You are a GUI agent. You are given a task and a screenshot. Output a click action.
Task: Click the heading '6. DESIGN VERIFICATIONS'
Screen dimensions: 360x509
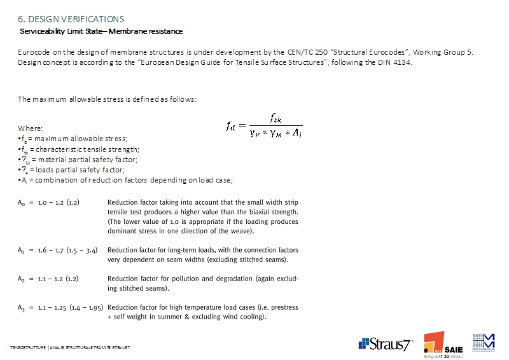71,20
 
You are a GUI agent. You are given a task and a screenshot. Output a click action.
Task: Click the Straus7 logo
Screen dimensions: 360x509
386,344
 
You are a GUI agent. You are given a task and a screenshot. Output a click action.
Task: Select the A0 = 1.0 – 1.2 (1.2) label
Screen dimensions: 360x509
48,203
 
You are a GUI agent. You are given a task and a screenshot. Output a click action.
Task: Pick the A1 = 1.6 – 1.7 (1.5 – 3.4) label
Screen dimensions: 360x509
57,251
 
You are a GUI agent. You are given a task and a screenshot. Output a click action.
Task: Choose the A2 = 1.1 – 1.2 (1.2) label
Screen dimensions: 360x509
48,279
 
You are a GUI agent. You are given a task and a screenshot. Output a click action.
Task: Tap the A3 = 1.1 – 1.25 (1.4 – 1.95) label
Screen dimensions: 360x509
60,307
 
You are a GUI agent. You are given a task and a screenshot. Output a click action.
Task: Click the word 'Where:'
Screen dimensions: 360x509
31,128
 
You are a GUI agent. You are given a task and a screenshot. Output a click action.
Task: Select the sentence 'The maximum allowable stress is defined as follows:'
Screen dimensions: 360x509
107,99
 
